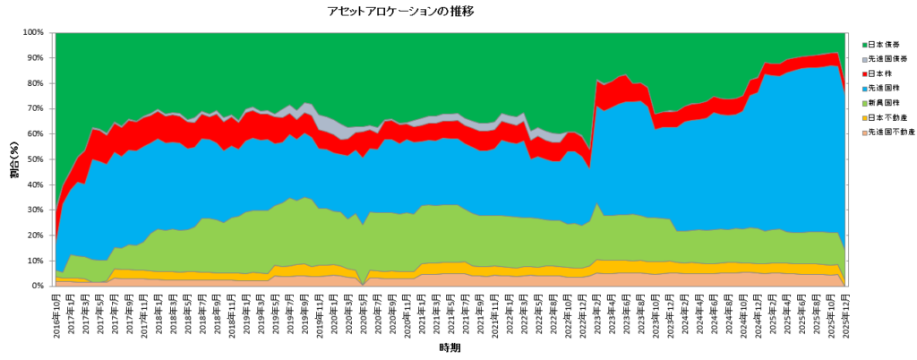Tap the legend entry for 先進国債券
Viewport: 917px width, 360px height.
(888, 59)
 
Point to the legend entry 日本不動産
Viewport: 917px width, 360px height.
(888, 117)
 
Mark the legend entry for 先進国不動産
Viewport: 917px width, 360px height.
(892, 133)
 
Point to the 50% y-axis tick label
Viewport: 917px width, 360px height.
(35, 159)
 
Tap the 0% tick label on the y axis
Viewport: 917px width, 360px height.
(38, 287)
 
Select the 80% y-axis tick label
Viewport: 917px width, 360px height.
(35, 83)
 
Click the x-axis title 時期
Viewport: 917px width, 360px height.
(450, 347)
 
